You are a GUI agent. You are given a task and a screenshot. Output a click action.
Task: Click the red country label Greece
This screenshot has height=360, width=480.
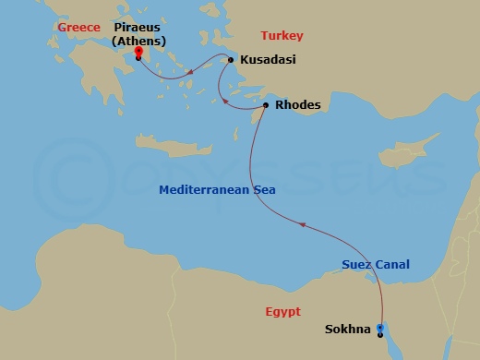pyautogui.click(x=78, y=28)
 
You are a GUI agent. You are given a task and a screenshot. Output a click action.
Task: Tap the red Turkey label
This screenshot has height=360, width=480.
pyautogui.click(x=282, y=36)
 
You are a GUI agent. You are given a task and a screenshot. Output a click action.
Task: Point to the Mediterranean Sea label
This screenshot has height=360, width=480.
pyautogui.click(x=218, y=190)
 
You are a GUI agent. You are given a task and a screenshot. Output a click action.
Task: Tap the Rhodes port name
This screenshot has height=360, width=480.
pyautogui.click(x=298, y=105)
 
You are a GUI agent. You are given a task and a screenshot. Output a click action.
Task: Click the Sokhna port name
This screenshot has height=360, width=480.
pyautogui.click(x=348, y=329)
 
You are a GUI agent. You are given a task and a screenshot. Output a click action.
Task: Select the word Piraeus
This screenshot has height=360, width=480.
pyautogui.click(x=138, y=28)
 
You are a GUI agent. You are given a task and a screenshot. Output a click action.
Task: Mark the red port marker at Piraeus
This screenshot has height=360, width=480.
pyautogui.click(x=138, y=52)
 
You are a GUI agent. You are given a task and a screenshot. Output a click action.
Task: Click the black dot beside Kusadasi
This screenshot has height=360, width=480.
pyautogui.click(x=232, y=60)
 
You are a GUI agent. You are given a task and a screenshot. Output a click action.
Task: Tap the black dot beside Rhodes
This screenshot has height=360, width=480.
pyautogui.click(x=266, y=105)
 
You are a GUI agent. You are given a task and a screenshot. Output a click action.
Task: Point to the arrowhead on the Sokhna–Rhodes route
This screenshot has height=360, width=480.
pyautogui.click(x=300, y=222)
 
